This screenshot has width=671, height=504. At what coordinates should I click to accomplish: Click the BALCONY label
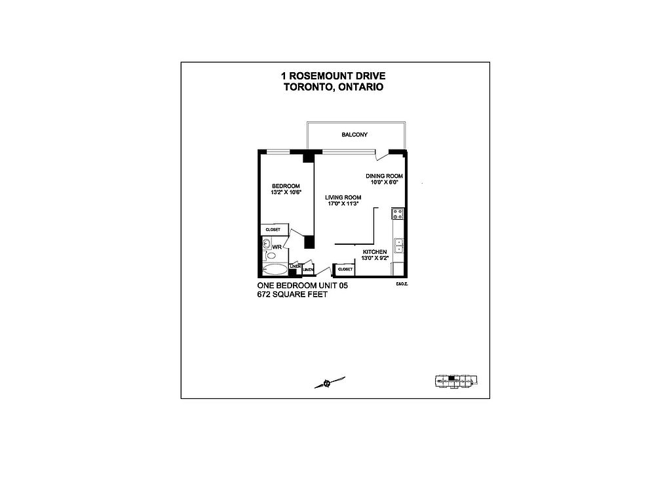click(x=355, y=135)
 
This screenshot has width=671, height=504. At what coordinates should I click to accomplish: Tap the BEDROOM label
click(x=286, y=186)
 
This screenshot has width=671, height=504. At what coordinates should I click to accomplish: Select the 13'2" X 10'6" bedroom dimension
click(x=286, y=193)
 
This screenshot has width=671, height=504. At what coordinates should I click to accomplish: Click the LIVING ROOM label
click(x=344, y=198)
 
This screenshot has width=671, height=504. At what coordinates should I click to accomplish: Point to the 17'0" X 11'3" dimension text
click(x=344, y=204)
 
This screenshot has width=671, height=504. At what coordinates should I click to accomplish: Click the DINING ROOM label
click(x=384, y=176)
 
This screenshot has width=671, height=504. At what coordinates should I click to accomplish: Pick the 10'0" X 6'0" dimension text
click(x=384, y=182)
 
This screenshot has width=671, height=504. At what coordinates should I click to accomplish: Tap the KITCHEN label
click(x=375, y=252)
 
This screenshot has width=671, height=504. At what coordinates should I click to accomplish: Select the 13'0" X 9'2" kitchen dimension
click(x=375, y=259)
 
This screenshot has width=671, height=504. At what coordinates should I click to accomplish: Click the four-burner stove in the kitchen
click(x=397, y=213)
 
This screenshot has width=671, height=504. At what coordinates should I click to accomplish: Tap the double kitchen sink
click(x=398, y=245)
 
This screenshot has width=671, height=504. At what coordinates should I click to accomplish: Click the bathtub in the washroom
click(x=274, y=269)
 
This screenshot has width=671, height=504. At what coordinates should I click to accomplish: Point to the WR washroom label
click(x=277, y=247)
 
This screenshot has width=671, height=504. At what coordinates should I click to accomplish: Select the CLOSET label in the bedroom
click(x=273, y=230)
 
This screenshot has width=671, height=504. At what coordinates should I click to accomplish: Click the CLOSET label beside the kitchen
click(x=345, y=269)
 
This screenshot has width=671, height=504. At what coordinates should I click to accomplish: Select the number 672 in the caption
click(x=265, y=295)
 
